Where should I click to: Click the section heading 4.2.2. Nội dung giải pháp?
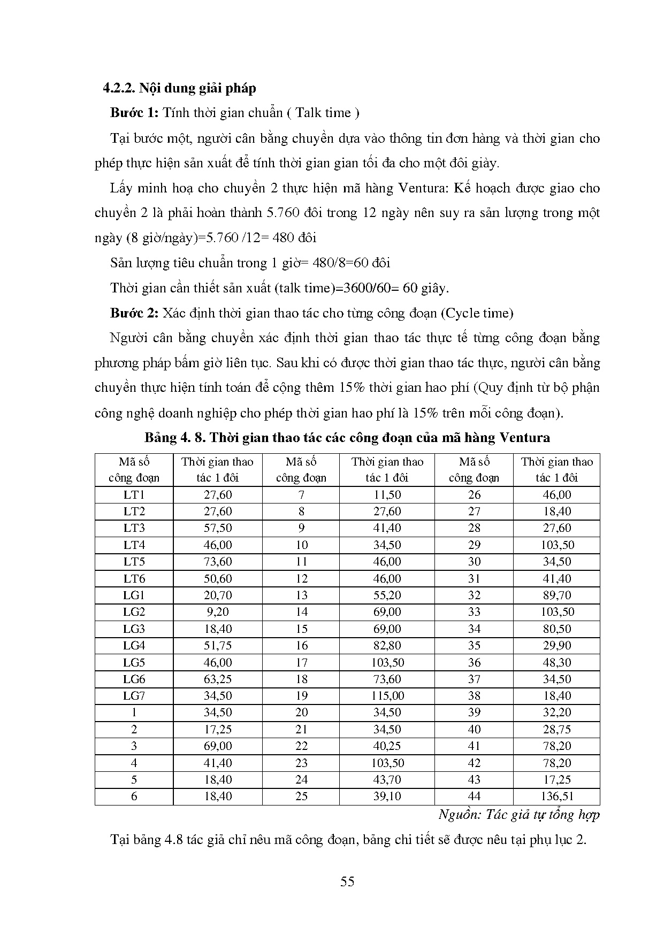180,88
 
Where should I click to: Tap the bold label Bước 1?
134,113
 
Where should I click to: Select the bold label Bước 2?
134,313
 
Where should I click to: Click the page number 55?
347,881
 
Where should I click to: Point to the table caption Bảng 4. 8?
175,438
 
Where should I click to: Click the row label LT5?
134,562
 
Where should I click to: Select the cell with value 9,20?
218,612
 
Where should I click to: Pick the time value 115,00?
387,696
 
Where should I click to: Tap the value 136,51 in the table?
556,796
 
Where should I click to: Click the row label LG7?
134,696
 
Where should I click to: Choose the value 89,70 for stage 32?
556,595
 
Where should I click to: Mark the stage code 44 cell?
474,796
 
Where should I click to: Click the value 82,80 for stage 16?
387,646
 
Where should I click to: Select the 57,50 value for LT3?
218,528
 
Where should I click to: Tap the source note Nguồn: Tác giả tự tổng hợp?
519,815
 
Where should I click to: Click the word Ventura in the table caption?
524,438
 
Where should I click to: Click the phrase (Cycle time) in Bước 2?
477,313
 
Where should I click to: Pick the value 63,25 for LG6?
218,679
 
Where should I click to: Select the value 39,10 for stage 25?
387,796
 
